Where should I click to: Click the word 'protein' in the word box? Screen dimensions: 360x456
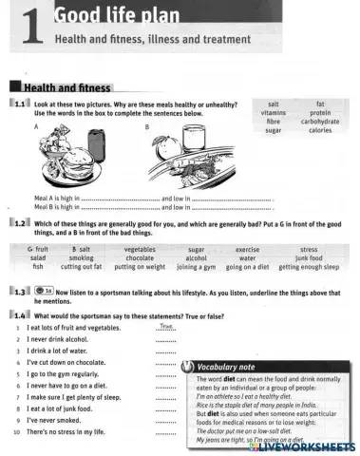(320, 112)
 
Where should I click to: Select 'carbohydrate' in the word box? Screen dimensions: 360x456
(320, 121)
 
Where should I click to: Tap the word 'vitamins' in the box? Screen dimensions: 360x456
(273, 112)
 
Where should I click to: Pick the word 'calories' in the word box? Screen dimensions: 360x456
(320, 130)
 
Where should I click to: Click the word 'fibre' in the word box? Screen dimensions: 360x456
(273, 121)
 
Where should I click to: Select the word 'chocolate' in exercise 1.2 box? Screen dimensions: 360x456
(140, 257)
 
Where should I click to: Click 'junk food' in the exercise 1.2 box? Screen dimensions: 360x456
(309, 257)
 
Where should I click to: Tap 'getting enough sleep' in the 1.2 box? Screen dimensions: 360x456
(308, 267)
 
